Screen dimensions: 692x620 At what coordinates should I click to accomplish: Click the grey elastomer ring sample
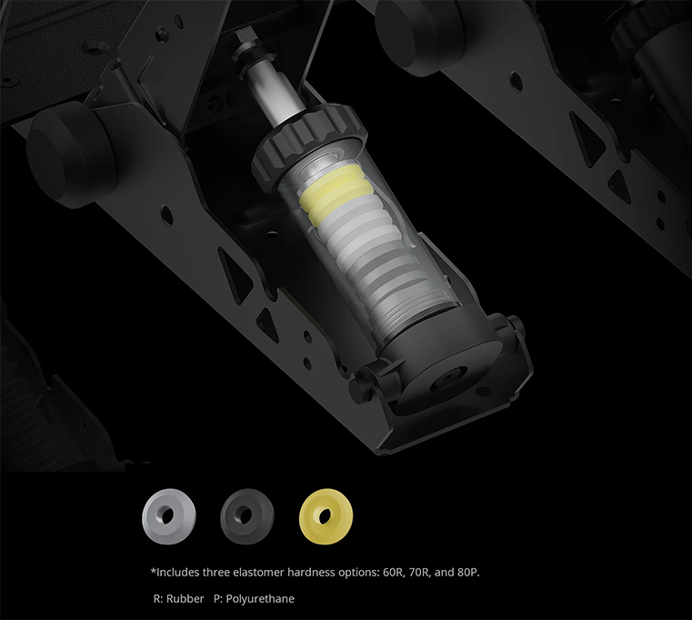tap(168, 516)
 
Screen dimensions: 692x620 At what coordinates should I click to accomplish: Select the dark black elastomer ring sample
tap(247, 516)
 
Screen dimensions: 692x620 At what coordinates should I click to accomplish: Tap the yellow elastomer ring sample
tap(326, 515)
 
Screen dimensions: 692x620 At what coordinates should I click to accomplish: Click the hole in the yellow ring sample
tap(326, 515)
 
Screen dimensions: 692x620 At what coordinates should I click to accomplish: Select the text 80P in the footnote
tap(468, 573)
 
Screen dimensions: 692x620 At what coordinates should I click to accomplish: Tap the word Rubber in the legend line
tap(185, 599)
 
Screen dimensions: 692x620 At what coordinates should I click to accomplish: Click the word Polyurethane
tap(260, 599)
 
